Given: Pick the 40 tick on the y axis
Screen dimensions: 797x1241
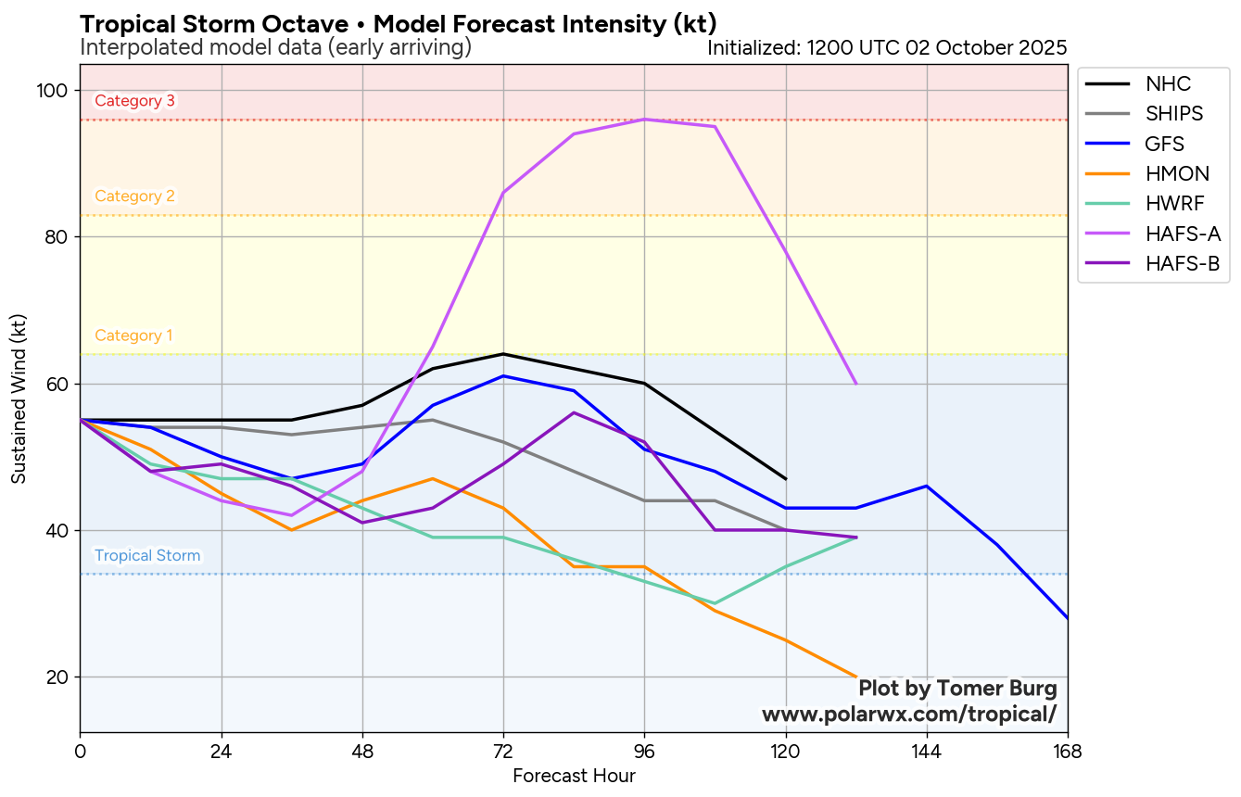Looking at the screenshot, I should point(57,530).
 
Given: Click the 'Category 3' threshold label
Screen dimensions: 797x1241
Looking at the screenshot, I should point(134,101).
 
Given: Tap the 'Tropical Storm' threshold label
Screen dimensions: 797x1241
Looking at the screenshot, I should point(147,556).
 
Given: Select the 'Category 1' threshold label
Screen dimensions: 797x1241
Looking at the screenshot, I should point(133,335).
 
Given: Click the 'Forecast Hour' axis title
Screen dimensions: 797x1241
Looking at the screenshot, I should point(574,776).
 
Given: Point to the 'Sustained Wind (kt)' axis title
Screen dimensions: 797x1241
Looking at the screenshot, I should point(19,398).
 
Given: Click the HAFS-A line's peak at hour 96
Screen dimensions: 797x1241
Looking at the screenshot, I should point(644,120).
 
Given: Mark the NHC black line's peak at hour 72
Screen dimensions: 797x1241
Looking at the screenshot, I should point(503,354).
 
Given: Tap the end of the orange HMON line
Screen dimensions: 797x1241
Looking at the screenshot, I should point(855,677).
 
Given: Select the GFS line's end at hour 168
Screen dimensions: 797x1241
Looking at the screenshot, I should point(1067,617).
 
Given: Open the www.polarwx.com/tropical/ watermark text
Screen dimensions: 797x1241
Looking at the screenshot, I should point(908,715).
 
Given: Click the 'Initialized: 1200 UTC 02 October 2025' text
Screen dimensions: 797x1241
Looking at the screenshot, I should point(887,47).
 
